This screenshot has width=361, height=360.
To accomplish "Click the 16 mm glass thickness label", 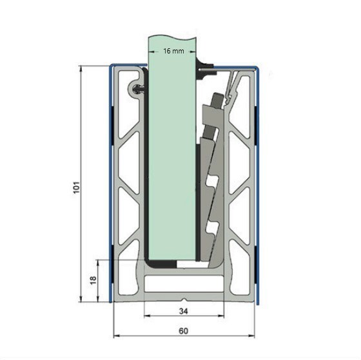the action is (173, 51).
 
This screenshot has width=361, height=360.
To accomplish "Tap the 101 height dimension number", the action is (77, 187).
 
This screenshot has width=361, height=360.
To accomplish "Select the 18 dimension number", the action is (93, 280).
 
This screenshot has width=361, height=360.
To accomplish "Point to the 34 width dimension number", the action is (184, 311).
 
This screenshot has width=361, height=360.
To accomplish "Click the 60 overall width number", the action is (184, 331).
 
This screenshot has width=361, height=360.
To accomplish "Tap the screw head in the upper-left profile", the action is (137, 89).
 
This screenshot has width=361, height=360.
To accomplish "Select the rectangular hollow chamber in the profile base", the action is (184, 283).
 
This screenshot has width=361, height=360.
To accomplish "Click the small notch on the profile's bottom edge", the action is (184, 299).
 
